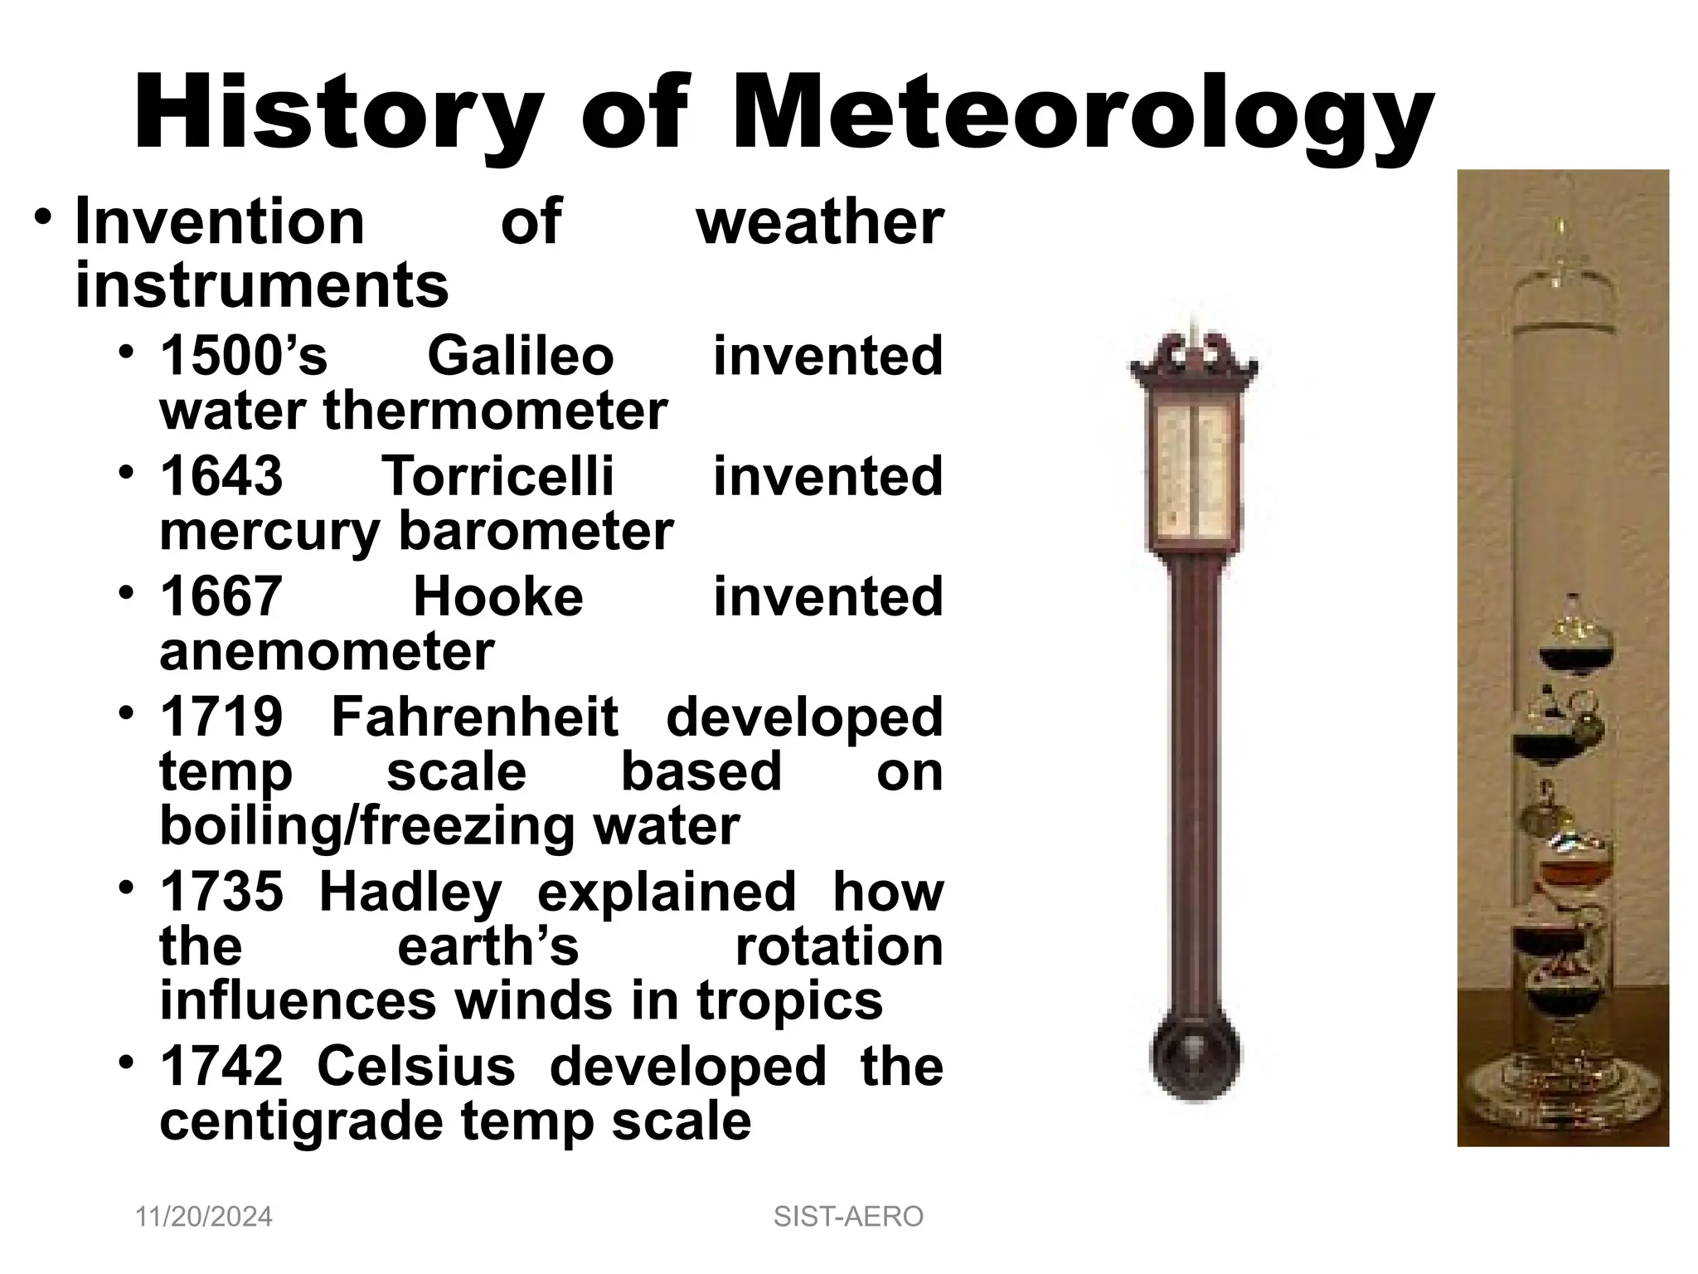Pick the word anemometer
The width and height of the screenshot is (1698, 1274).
tap(327, 651)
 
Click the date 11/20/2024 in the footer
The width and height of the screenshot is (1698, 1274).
tap(204, 1217)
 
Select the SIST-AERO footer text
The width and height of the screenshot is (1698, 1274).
tap(848, 1217)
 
